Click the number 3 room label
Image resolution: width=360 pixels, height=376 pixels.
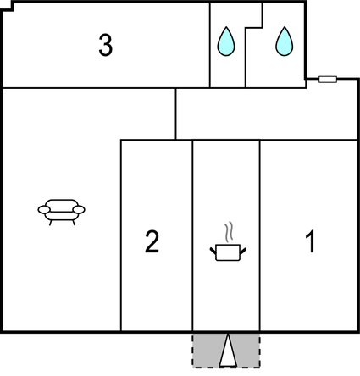[x=106, y=45]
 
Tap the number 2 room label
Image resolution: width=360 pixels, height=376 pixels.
[x=152, y=241]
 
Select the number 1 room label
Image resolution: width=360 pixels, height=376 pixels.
[x=310, y=241]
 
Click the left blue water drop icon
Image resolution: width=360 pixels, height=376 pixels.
[x=226, y=41]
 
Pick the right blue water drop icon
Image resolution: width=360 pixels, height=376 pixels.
[x=285, y=41]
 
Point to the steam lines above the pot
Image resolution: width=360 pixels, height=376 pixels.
[x=230, y=232]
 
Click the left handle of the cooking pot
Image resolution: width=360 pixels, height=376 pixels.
[x=213, y=251]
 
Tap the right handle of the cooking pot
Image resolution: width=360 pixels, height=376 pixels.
[x=243, y=251]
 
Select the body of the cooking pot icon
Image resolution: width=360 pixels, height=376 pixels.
[x=228, y=252]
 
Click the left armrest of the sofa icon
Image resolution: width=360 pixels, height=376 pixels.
[x=44, y=209]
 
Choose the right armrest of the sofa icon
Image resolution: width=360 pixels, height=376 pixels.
[x=79, y=209]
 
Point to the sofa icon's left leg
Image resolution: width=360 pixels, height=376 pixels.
[x=51, y=223]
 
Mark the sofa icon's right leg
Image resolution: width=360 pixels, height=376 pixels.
[x=74, y=223]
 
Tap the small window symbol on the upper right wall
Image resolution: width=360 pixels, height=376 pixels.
[x=328, y=80]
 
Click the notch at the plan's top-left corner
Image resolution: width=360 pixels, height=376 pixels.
[x=8, y=7]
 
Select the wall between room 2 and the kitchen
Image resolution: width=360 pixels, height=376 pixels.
[x=192, y=235]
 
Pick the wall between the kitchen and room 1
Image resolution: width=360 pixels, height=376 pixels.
[x=260, y=235]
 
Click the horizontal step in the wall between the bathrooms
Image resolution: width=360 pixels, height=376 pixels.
[x=253, y=28]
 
